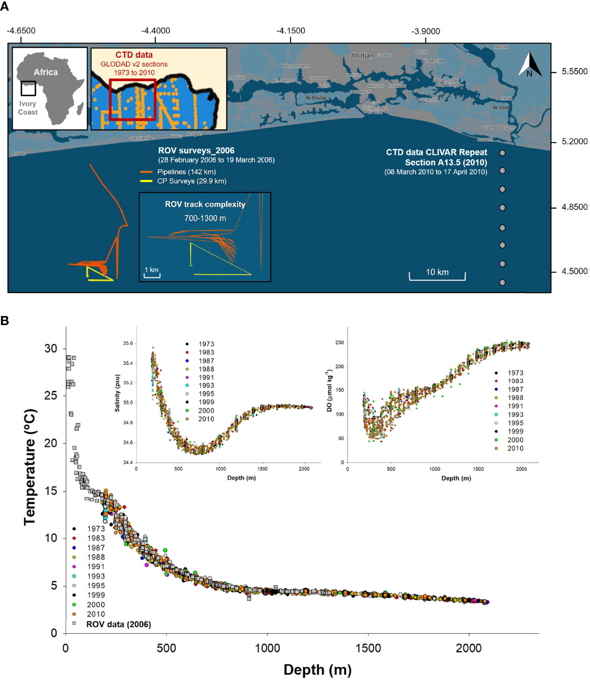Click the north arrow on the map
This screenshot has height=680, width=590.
pos(530,65)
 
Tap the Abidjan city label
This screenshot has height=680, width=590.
pos(362,56)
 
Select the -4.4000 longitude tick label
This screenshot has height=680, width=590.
pos(155,31)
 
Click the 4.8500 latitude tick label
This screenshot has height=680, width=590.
pos(574,207)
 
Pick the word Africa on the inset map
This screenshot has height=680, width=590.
pos(46,72)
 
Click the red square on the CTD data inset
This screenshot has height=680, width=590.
pos(133,99)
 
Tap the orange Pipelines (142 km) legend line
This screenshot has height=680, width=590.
pos(146,172)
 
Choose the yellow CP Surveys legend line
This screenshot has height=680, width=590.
pos(146,181)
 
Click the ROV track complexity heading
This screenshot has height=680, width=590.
pos(205,204)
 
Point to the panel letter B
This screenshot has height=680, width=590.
pos(5,321)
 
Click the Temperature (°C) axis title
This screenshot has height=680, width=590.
pos(30,467)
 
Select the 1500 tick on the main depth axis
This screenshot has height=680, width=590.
pos(368,648)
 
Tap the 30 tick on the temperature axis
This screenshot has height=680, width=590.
pos(51,348)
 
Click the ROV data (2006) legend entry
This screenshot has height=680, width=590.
pos(118,624)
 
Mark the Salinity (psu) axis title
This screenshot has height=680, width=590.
pos(117,393)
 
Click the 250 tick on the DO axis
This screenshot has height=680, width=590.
pos(340,342)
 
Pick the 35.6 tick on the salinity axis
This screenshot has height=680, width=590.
pos(128,343)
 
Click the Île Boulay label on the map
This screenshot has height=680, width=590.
pos(316,98)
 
